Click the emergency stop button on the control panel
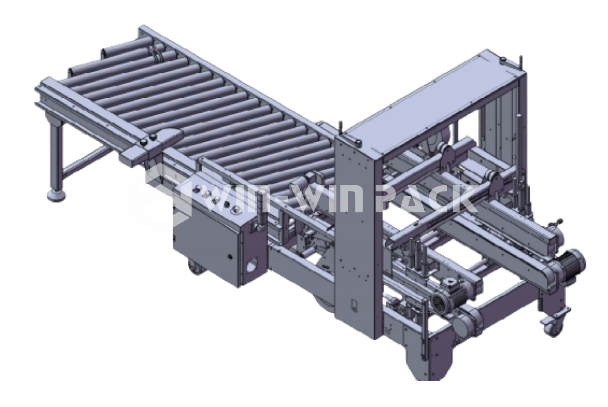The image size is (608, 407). click(x=237, y=210)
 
